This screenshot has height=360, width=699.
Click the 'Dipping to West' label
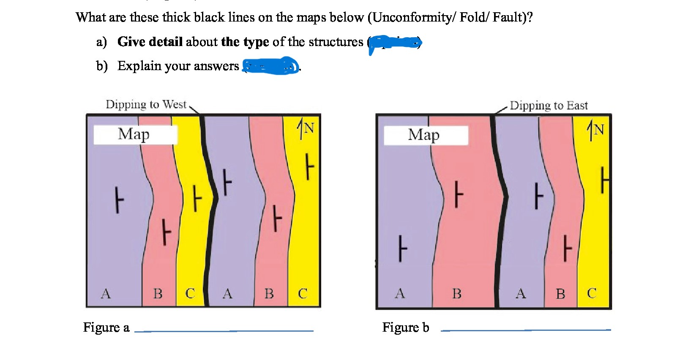tap(146, 104)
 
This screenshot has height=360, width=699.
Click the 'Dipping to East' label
tap(549, 105)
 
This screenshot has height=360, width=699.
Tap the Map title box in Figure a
tap(135, 134)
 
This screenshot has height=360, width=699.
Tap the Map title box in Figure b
tap(425, 135)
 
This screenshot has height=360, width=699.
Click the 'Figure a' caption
tap(106, 327)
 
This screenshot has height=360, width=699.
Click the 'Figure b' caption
tap(405, 327)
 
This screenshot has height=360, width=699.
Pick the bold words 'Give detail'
tap(150, 41)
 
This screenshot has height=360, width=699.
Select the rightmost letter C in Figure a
tap(303, 293)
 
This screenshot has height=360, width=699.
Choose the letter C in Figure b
tap(592, 293)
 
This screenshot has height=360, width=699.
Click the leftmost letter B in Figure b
tap(456, 293)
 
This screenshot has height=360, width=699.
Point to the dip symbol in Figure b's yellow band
tap(604, 180)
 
